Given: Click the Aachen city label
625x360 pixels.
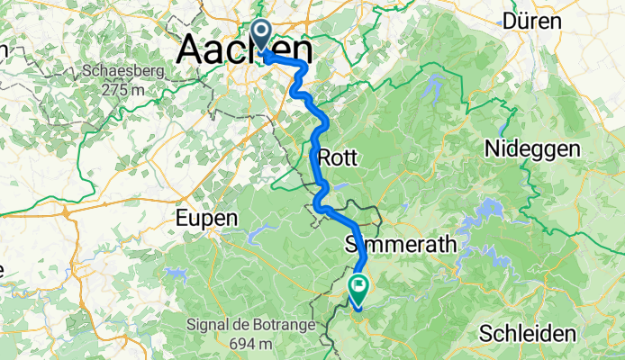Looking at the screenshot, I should (245, 49).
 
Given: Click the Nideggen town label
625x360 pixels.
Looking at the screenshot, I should (534, 148).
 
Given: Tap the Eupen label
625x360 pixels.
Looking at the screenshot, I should (206, 218).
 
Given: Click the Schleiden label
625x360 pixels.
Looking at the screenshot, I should (528, 333).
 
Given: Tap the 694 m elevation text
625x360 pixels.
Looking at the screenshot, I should (251, 343).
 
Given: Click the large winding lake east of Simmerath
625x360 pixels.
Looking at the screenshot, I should (487, 216).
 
